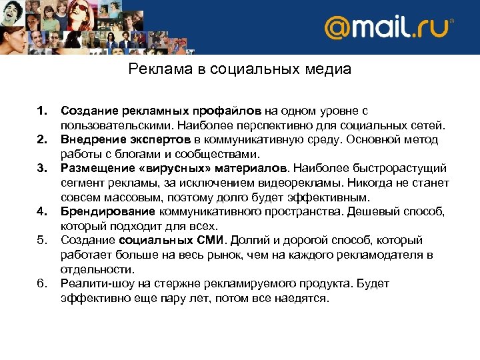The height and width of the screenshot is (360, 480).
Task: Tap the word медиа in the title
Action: tap(327, 69)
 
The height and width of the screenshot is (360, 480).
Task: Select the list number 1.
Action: tap(42, 110)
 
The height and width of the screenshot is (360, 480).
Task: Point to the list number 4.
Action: tap(42, 211)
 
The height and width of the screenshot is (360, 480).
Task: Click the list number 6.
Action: tap(42, 283)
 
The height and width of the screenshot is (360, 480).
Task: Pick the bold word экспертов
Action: tap(160, 139)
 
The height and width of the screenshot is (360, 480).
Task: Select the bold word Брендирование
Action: tap(108, 211)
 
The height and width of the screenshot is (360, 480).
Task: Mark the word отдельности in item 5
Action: tap(97, 269)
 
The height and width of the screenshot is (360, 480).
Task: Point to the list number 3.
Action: tap(42, 168)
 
